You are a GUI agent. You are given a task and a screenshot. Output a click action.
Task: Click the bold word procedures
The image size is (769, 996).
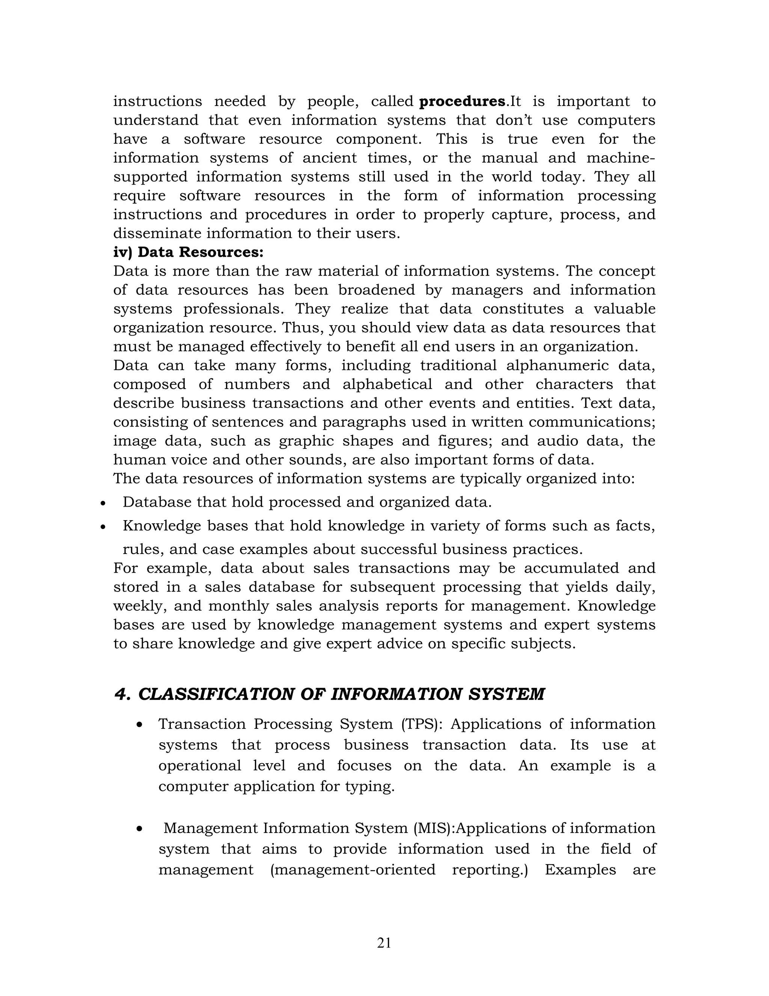tap(462, 101)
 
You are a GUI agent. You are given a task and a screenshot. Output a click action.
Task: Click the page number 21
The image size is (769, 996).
tap(384, 943)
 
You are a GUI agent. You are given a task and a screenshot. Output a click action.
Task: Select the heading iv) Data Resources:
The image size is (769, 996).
tap(188, 252)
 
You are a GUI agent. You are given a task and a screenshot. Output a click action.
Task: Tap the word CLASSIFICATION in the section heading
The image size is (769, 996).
tap(217, 695)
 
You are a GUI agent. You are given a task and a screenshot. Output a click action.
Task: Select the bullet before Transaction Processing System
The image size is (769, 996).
tap(140, 725)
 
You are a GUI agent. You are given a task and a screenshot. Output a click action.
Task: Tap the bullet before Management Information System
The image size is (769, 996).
tap(140, 829)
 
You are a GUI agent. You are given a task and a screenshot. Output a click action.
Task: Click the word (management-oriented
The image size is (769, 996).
tap(353, 870)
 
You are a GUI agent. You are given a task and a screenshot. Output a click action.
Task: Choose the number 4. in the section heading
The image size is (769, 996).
tap(122, 695)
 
